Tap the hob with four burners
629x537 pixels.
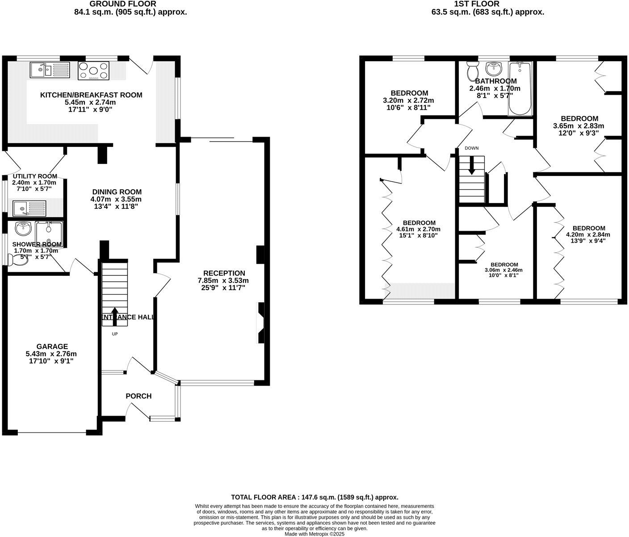point(93,71)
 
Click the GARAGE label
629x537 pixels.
point(52,346)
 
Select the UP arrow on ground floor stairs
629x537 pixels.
point(115,316)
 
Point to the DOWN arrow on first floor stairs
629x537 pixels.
point(472,166)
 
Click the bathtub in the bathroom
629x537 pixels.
point(520,89)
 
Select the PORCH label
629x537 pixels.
point(138,396)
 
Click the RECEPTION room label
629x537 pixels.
point(224,273)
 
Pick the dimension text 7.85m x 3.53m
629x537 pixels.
point(223,281)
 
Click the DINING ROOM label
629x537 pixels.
point(117,191)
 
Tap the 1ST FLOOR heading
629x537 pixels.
point(487,4)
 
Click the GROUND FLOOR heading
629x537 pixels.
point(130,4)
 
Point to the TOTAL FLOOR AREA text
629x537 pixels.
point(314,497)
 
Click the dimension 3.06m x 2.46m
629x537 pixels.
point(503,270)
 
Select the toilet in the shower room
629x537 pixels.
point(17,259)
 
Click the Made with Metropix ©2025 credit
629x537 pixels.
point(314,533)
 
